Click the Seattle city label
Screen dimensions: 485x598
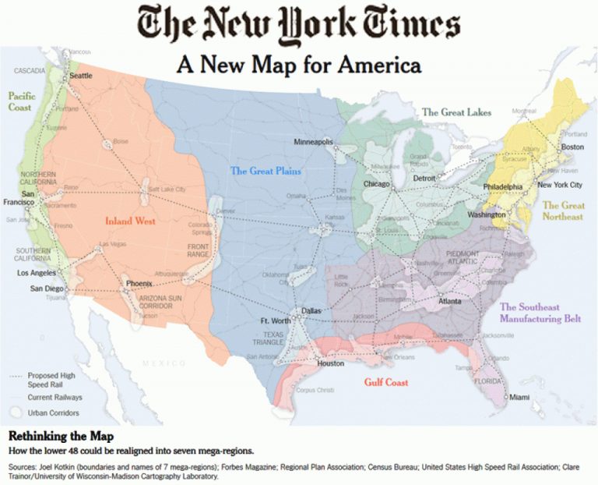[81, 76]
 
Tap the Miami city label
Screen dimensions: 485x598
[519, 398]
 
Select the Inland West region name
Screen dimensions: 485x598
[130, 221]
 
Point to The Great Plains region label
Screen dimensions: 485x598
[266, 171]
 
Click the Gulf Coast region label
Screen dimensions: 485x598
[386, 382]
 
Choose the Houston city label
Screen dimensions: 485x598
[331, 363]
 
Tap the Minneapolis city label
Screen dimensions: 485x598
[314, 142]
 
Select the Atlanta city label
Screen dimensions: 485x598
[449, 301]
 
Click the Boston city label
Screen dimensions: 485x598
[572, 147]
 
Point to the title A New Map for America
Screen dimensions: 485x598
[299, 64]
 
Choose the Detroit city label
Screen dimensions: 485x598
[424, 179]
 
